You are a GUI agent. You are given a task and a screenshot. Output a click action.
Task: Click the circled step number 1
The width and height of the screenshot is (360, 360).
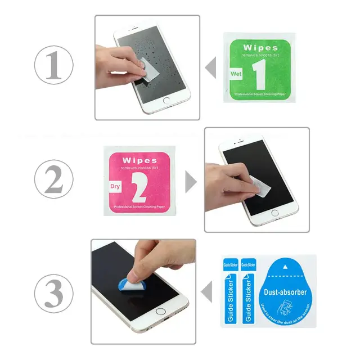[54, 67]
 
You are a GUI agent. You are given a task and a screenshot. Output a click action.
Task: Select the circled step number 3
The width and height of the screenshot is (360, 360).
[54, 294]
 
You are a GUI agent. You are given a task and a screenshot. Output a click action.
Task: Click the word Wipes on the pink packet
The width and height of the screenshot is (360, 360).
[139, 160]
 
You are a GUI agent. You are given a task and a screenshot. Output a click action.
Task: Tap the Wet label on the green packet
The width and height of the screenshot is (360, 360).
[235, 74]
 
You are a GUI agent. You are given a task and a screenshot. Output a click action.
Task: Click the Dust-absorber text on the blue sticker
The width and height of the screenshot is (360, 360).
[285, 292]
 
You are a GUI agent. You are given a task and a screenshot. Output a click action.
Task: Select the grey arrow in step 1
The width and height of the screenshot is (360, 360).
[211, 68]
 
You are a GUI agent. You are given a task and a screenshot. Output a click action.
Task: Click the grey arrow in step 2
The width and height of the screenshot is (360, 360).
[191, 182]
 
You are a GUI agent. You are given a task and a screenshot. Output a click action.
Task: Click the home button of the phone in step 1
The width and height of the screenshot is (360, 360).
[166, 101]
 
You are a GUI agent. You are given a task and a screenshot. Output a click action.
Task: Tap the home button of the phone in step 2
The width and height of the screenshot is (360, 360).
[274, 213]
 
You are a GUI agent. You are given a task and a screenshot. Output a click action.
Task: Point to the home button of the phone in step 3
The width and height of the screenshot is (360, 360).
[161, 311]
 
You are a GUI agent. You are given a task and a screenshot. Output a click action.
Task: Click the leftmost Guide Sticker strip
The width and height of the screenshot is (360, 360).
[231, 292]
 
